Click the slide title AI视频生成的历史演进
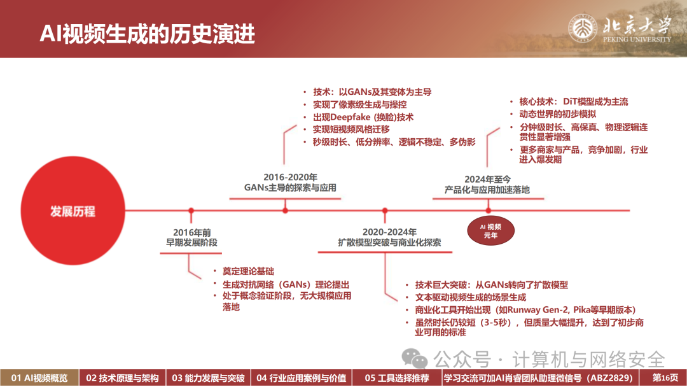(x=147, y=33)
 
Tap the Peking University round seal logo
(x=582, y=28)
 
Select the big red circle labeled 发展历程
(x=73, y=211)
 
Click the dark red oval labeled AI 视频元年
(x=490, y=231)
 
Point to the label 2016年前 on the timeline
(x=192, y=232)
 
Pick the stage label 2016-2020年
(x=290, y=177)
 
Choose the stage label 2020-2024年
(x=389, y=232)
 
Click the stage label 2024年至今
(x=487, y=179)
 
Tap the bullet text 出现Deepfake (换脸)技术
(x=363, y=117)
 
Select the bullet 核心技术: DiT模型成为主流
(x=574, y=102)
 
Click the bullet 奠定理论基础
(x=249, y=271)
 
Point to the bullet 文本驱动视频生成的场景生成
(x=471, y=297)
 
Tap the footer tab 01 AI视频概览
(x=39, y=378)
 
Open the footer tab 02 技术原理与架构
(x=122, y=378)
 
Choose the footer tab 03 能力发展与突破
(x=208, y=378)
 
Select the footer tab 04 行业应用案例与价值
(x=302, y=378)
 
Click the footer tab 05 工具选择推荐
(x=397, y=378)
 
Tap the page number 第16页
(x=665, y=378)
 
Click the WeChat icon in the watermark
(x=414, y=358)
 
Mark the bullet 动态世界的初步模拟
(x=558, y=114)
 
